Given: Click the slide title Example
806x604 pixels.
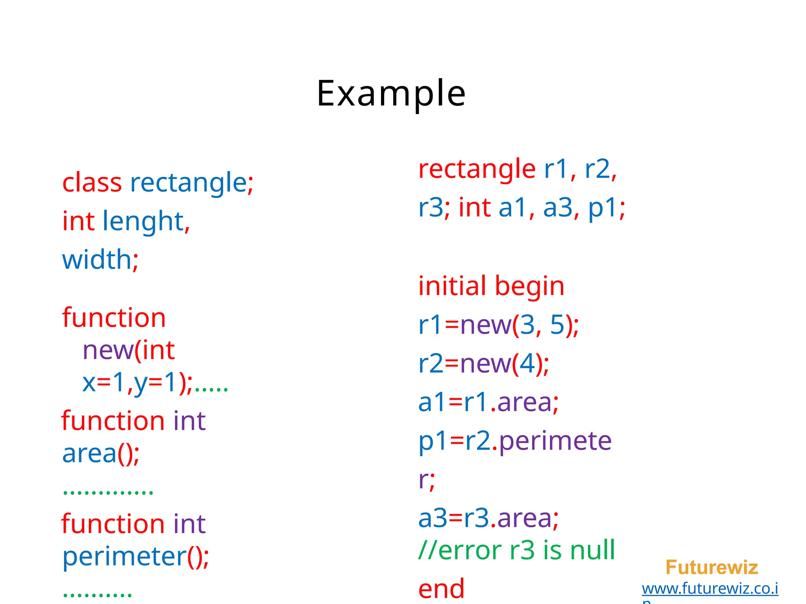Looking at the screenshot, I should (x=391, y=94).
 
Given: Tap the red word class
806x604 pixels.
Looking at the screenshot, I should (x=92, y=183).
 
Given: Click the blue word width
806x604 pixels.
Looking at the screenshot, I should (x=97, y=260).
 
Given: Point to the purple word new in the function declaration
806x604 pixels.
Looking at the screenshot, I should (x=107, y=350).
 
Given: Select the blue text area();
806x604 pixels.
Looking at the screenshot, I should (x=101, y=453).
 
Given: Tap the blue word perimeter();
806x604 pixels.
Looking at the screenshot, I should (x=135, y=557).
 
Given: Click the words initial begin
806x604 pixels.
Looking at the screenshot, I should (x=491, y=286).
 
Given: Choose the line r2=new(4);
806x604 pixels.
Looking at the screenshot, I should (x=483, y=363).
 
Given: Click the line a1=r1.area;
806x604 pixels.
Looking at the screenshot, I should (x=488, y=402).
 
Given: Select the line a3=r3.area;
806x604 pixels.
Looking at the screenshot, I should (x=488, y=518).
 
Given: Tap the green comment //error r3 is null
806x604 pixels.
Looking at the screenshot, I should (x=516, y=550).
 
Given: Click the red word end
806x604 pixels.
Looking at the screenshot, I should (x=441, y=589).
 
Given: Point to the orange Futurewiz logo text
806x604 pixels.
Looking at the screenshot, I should (x=712, y=567).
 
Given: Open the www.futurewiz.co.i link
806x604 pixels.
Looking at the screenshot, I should (x=710, y=589).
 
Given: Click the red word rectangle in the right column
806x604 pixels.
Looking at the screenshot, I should (x=477, y=169).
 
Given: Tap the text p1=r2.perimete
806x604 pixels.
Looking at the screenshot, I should (x=515, y=441).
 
